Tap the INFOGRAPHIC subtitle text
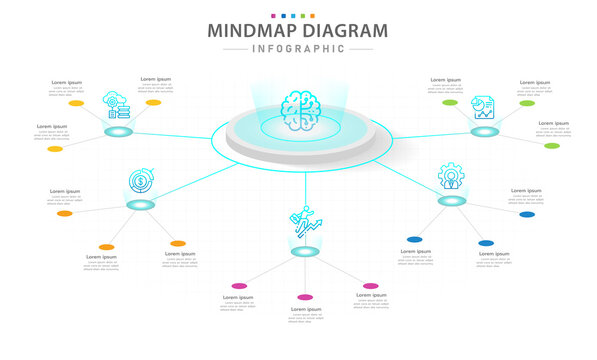(298, 48)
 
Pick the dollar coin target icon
(141, 183)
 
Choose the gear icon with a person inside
(452, 176)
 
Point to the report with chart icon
(484, 106)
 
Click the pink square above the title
(274, 15)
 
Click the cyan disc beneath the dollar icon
(141, 204)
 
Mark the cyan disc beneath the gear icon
(452, 200)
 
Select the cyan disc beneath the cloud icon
(119, 132)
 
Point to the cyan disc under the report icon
(485, 130)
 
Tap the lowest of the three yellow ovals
(54, 149)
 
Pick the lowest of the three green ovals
(551, 146)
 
